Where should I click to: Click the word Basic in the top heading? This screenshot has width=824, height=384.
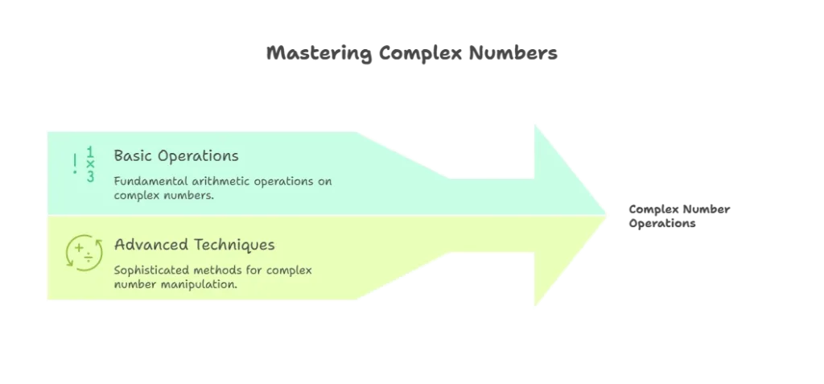click(x=130, y=155)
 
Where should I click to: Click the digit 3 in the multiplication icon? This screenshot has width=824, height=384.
click(x=90, y=176)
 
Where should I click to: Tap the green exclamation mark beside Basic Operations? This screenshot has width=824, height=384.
click(x=75, y=164)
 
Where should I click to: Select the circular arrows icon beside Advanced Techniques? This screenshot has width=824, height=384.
click(x=83, y=252)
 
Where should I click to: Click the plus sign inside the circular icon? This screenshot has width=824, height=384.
click(x=79, y=250)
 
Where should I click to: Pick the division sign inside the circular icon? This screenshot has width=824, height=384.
click(x=88, y=256)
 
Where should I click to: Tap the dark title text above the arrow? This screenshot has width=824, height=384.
click(x=411, y=55)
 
